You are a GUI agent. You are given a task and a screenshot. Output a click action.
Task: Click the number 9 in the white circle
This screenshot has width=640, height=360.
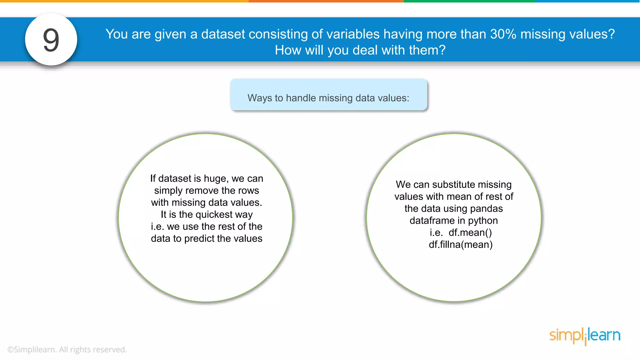point(51,40)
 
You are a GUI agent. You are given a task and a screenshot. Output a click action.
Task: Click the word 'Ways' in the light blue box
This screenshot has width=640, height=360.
point(260,98)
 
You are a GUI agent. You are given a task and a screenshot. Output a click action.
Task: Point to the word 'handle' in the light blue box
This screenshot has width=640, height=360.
point(301,98)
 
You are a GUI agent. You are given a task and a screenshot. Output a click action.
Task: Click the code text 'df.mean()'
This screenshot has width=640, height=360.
point(470,233)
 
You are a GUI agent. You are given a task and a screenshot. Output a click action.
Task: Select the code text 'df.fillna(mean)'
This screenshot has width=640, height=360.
point(461,245)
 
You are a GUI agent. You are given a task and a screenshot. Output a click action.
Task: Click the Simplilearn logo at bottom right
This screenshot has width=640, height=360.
point(585,336)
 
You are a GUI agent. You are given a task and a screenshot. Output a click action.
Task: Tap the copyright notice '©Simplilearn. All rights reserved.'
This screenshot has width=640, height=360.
point(67,350)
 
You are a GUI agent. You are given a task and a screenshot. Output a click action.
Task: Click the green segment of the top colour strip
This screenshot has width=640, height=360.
point(469,1)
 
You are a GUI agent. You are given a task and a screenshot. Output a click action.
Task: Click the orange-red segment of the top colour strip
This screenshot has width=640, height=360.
point(326,1)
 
